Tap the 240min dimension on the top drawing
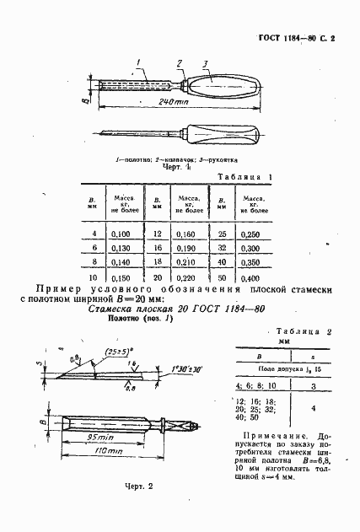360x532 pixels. pyautogui.click(x=172, y=102)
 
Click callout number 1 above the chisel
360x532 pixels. pyautogui.click(x=141, y=61)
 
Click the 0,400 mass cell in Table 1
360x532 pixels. pyautogui.click(x=250, y=277)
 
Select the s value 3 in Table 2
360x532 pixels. pyautogui.click(x=313, y=384)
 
